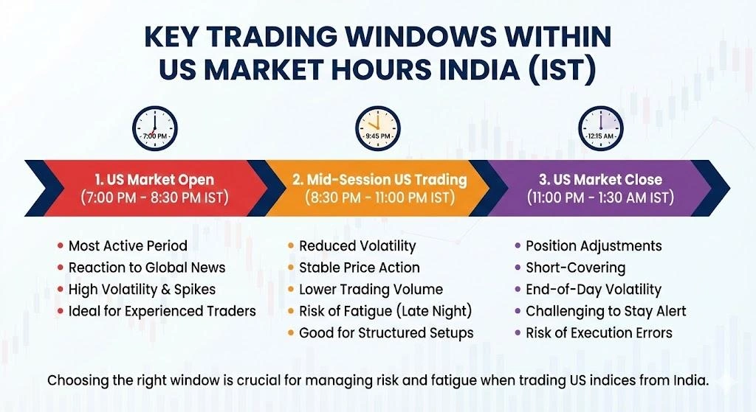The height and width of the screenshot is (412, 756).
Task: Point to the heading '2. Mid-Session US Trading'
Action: tap(378, 179)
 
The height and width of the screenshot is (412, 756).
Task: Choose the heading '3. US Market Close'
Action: tap(600, 179)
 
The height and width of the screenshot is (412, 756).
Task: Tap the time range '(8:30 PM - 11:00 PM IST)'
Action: tap(378, 198)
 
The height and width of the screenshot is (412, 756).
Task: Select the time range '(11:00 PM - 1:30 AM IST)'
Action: tap(600, 198)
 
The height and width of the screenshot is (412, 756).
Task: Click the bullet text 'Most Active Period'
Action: tap(128, 245)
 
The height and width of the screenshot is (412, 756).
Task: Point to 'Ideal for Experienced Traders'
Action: tap(162, 310)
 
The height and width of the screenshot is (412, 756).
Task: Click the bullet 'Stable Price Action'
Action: tap(359, 268)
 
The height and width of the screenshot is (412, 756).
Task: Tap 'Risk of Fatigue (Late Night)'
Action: tap(385, 310)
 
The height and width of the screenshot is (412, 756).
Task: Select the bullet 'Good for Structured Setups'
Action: tap(386, 332)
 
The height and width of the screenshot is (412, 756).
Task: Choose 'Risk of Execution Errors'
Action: tap(599, 332)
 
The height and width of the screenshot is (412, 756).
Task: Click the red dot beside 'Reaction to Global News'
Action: tap(60, 268)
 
